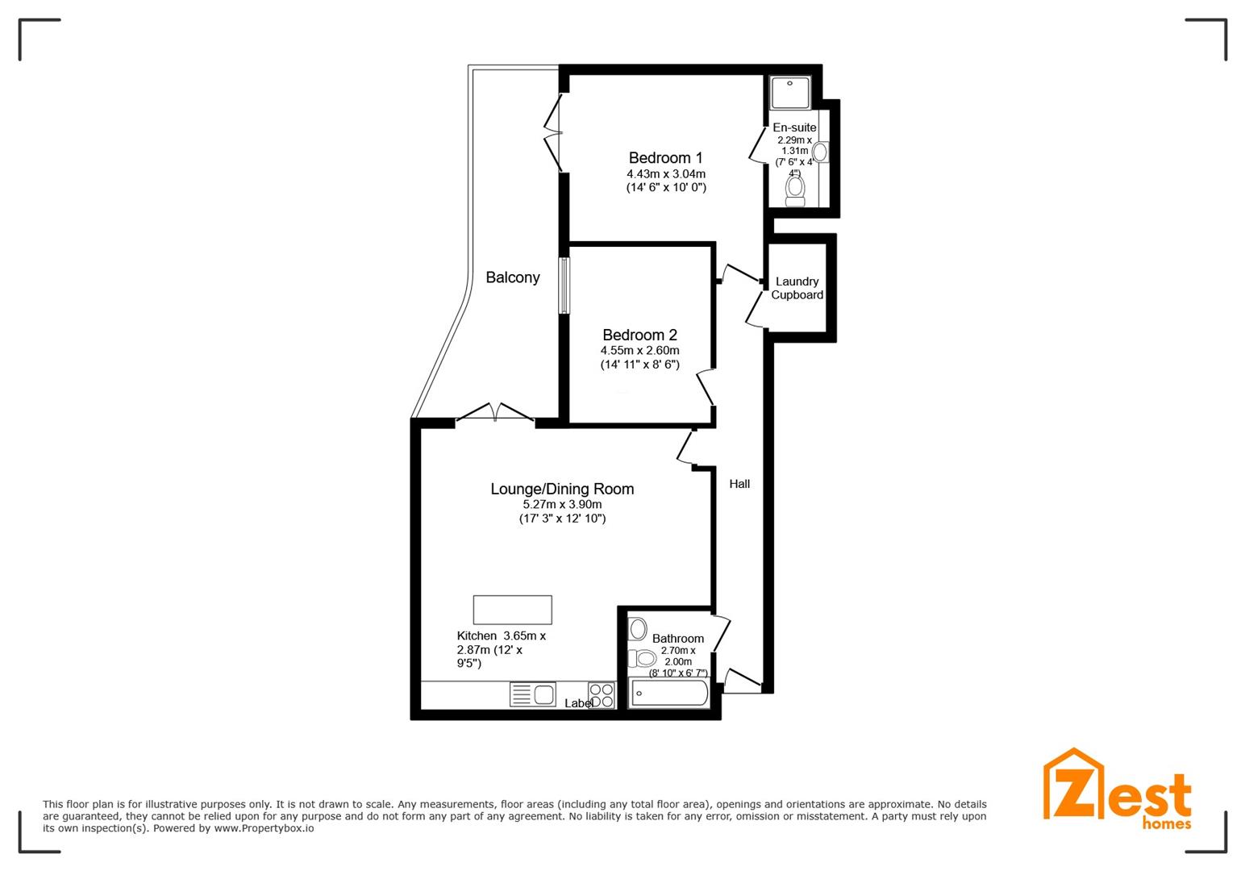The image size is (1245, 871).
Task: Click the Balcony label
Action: pos(513,277)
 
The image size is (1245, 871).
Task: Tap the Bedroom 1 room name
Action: pos(666,157)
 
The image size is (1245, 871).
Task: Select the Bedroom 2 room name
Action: pos(639,335)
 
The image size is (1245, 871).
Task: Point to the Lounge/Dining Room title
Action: pos(562,489)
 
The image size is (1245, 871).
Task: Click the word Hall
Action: pos(739,484)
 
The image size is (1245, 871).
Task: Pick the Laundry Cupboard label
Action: pos(797,288)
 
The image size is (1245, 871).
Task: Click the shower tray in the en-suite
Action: pos(789,92)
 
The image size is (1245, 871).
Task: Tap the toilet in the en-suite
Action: pos(795,189)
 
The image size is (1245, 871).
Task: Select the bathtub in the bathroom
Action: pos(669,693)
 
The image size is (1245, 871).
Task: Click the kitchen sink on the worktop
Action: pos(532,694)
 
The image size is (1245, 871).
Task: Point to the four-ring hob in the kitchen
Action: pos(602,695)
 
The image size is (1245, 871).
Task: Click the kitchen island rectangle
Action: pos(513,610)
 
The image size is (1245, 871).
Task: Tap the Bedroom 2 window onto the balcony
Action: pos(564,285)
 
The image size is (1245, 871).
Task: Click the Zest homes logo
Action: pos(1117,790)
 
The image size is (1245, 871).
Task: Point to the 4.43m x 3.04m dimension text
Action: pos(666,174)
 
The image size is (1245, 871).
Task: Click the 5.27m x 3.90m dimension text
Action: pos(562,505)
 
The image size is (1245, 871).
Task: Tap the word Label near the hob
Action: pos(579,703)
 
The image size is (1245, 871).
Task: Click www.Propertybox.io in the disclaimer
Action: pos(264,828)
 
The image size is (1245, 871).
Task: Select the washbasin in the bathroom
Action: pos(638,630)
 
